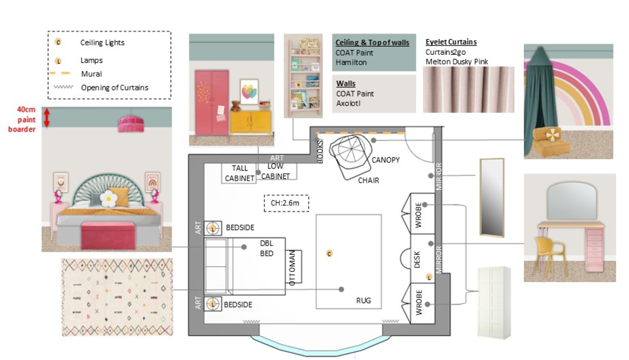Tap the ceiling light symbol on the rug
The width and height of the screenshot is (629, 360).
(329, 254)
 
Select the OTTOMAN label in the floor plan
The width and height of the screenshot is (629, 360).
(292, 267)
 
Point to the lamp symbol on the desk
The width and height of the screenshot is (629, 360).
(429, 277)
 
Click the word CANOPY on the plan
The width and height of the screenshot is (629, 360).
(386, 160)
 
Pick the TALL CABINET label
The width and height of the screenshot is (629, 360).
(240, 173)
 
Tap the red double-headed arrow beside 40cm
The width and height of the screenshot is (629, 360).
(47, 117)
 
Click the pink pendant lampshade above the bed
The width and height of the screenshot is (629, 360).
(131, 124)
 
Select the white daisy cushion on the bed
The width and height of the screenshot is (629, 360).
(109, 199)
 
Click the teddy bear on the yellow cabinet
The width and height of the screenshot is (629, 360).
(236, 106)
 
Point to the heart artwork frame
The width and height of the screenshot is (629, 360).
(249, 92)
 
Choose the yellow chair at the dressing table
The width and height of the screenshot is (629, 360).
(549, 255)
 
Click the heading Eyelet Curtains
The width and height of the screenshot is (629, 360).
(451, 42)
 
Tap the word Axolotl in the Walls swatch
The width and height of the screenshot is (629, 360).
(348, 104)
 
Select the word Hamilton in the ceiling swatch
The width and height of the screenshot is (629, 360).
(351, 62)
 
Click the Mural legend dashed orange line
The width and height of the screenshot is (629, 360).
(59, 73)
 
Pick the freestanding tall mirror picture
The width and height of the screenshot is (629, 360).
(492, 197)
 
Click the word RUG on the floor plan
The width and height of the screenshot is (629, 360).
(363, 301)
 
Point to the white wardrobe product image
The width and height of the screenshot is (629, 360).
(494, 303)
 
